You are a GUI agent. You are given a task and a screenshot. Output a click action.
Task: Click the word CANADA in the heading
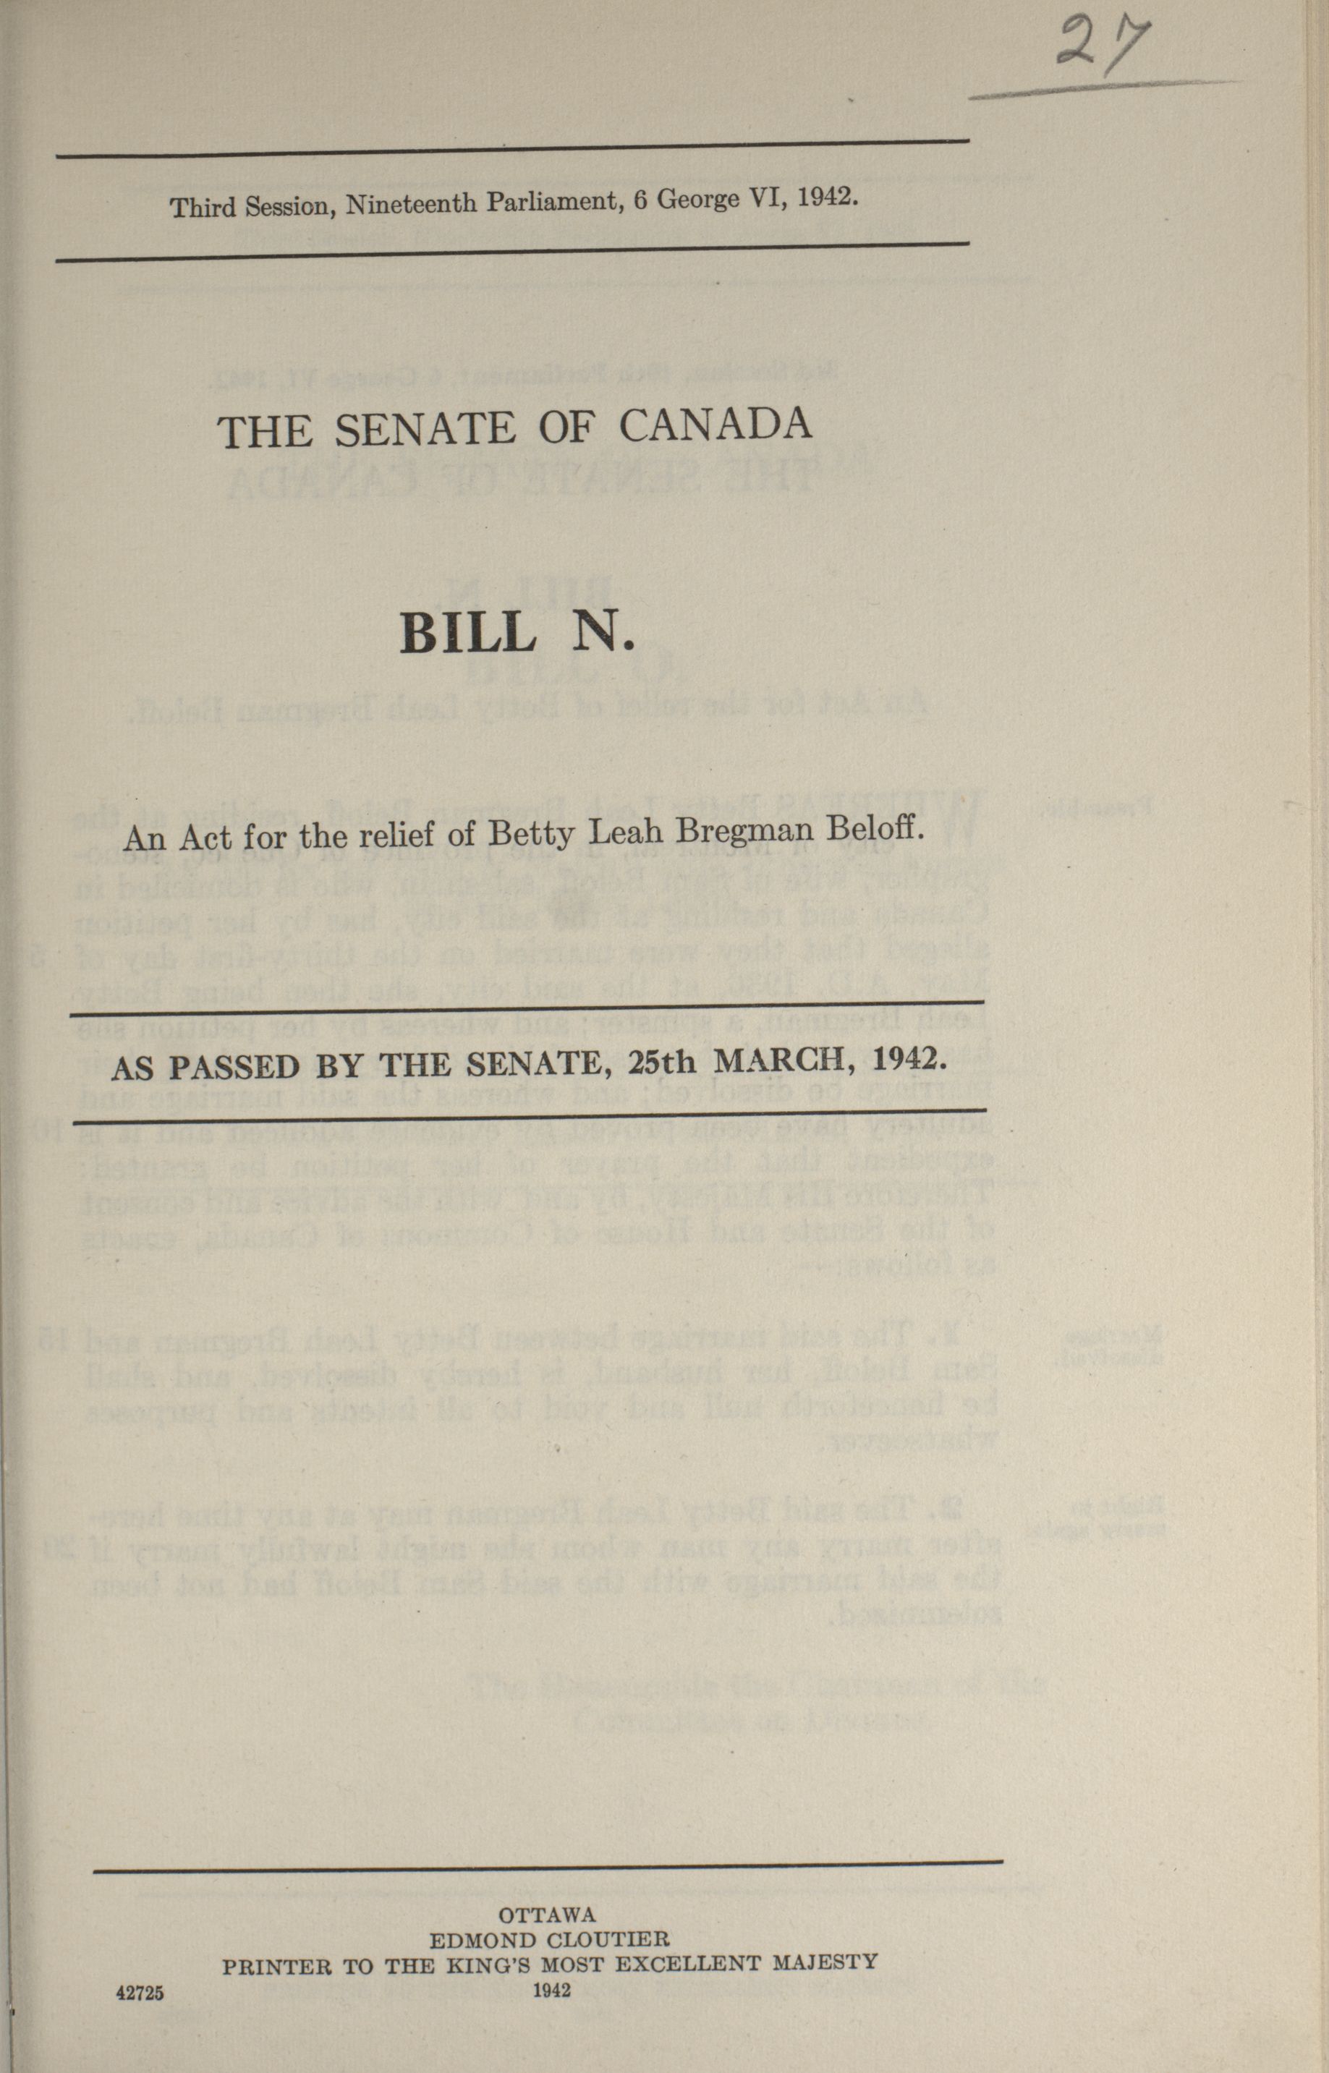tap(716, 425)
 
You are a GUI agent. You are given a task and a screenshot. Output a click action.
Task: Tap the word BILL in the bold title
tap(467, 634)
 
